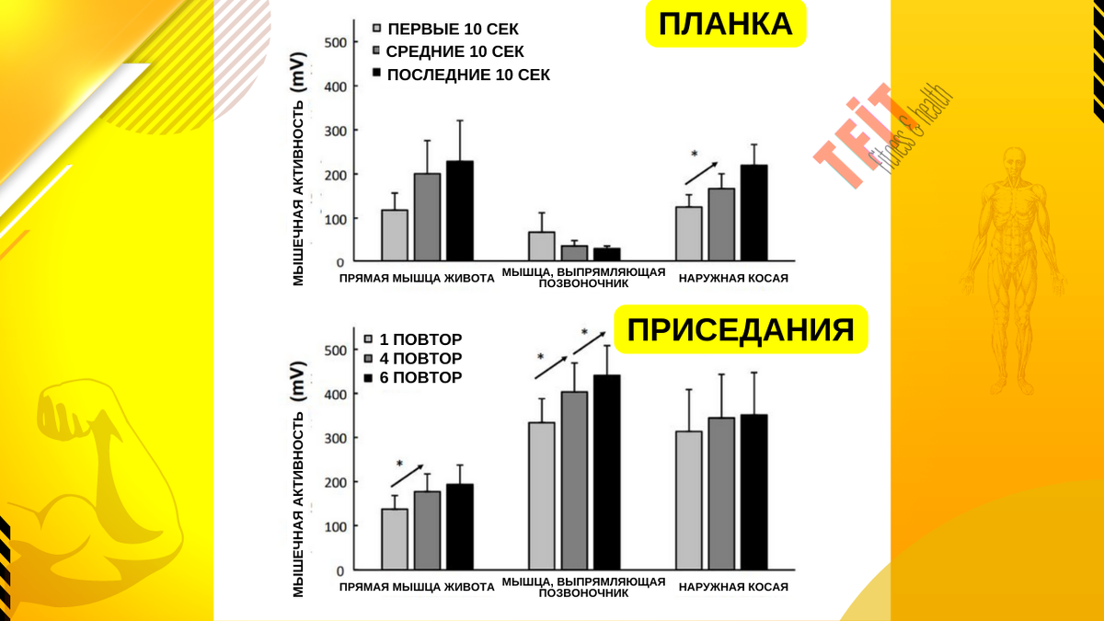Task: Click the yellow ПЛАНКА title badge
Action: coord(725,25)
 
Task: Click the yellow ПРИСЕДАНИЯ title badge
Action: coord(741,329)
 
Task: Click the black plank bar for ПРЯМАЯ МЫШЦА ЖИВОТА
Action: coord(459,212)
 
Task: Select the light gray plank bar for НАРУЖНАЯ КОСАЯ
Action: coord(688,234)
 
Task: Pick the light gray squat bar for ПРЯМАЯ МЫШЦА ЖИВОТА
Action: coord(395,539)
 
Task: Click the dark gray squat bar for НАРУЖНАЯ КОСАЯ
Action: coord(721,493)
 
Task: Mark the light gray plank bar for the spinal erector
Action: coord(542,247)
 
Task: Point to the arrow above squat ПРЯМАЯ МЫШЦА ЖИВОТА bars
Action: coord(407,476)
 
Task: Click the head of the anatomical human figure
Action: coord(1014,159)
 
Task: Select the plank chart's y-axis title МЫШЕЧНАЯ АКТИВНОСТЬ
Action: coord(299,178)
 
